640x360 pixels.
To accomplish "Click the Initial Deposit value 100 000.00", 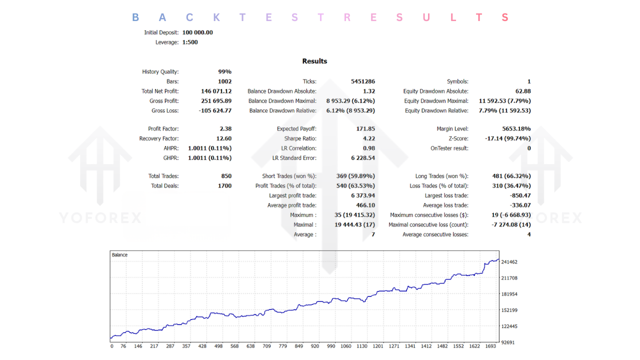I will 197,32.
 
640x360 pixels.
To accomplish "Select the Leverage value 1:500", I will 190,42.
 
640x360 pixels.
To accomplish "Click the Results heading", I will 314,61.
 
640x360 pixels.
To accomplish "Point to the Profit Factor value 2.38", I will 225,129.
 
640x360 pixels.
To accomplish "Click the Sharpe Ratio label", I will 300,138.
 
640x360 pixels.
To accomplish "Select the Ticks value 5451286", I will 363,81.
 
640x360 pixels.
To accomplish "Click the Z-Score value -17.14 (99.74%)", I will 508,138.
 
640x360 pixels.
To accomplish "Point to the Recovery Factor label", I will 158,138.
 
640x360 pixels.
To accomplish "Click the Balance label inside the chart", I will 119,255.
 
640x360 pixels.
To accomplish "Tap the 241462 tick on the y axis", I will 509,262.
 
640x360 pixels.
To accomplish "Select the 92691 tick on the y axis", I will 509,342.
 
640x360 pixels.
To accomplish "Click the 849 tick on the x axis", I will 298,346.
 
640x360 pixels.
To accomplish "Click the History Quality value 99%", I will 224,72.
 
